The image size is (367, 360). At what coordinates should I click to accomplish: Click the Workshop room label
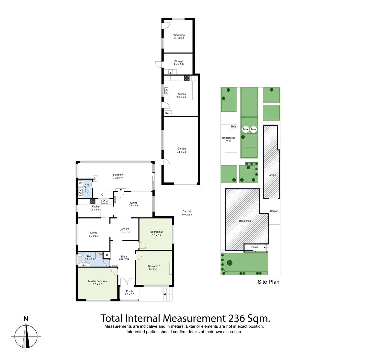pos(179,35)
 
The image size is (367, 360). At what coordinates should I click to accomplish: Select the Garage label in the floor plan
pos(182,149)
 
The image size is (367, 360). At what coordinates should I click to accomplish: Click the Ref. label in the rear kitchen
pos(167,113)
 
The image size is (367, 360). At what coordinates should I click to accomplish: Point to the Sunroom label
pos(118,175)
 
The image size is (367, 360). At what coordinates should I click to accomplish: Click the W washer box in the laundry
pos(81,183)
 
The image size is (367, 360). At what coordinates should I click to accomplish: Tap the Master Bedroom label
pos(97,281)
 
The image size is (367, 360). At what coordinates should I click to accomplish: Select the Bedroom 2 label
pos(156,232)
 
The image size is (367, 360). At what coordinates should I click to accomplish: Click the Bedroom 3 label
pos(154,266)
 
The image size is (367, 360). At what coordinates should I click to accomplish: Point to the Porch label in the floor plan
pos(129,291)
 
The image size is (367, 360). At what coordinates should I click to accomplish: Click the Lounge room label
pos(125,229)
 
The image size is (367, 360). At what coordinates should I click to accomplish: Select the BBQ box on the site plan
pos(233,127)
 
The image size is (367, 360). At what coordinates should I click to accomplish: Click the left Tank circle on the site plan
pos(246,129)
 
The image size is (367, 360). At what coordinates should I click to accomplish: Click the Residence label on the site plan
pos(245,221)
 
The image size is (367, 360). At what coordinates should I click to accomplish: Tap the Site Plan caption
pos(268,282)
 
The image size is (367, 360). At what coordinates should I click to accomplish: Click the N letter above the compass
pos(26,319)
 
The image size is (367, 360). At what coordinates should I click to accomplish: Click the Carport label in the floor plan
pos(187,211)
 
